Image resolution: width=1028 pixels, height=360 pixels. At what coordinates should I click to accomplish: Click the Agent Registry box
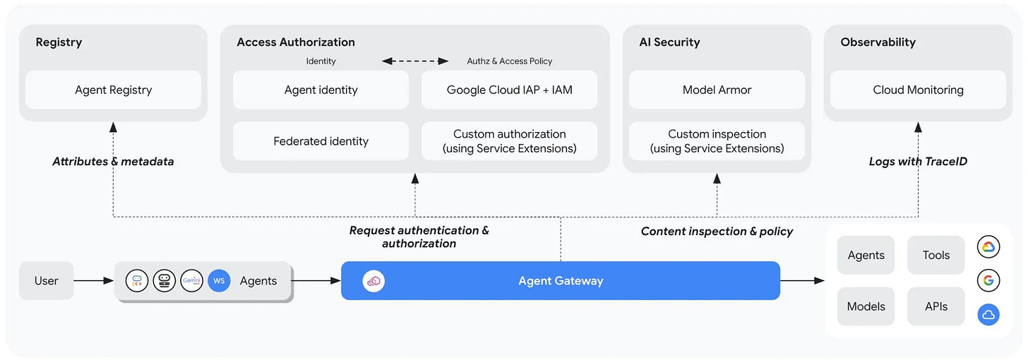114,90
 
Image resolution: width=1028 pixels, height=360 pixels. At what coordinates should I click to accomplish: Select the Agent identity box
321,90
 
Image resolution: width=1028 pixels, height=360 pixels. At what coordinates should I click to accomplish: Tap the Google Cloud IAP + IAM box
510,90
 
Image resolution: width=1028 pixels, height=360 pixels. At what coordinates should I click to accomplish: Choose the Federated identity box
321,140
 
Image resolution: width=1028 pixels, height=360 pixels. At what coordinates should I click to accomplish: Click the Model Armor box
717,90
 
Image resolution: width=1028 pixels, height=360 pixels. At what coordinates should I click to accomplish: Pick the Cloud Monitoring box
918,90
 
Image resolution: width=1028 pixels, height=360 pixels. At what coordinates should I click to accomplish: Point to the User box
47,281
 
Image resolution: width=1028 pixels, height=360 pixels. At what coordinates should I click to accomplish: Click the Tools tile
936,255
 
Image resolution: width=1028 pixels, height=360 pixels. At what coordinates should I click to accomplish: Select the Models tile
866,306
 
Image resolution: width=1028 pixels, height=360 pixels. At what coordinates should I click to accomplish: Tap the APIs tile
936,306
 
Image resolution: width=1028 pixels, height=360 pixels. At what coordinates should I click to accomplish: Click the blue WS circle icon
219,281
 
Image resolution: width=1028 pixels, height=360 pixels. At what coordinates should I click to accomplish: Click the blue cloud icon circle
988,315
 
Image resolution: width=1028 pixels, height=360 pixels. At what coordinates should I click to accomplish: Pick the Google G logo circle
988,281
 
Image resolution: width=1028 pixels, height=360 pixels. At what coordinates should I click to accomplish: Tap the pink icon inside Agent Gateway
373,281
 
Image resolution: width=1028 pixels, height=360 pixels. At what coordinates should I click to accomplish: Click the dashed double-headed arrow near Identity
415,61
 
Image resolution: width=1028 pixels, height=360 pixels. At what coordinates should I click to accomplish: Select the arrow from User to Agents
94,281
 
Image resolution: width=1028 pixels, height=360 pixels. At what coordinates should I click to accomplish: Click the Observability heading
878,42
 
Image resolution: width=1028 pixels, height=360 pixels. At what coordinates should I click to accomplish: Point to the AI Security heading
669,42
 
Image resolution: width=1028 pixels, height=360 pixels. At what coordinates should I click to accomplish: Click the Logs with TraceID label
918,162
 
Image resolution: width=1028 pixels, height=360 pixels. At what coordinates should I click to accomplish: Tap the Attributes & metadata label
113,162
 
